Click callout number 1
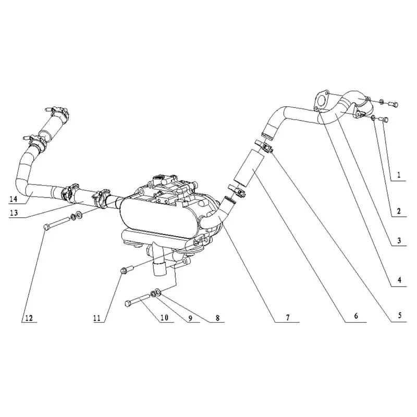click(398, 175)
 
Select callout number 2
click(398, 211)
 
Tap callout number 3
click(399, 241)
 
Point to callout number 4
click(399, 280)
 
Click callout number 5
click(399, 316)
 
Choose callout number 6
click(356, 316)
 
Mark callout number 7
click(288, 317)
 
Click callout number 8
click(217, 317)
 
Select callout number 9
click(190, 318)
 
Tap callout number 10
click(164, 317)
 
